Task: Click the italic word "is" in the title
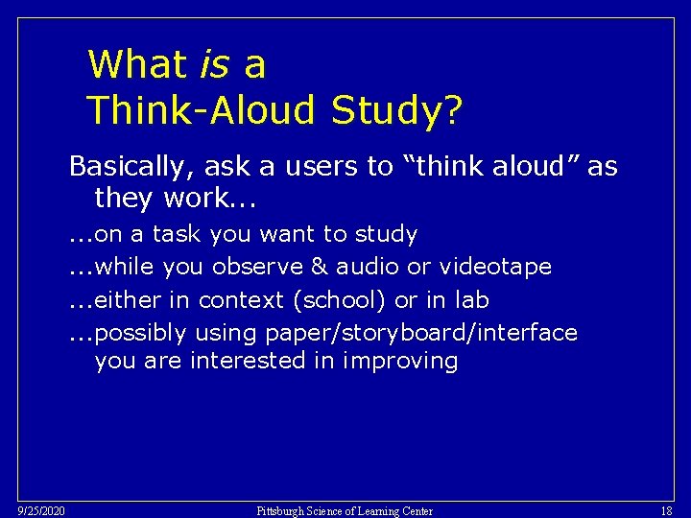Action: pyautogui.click(x=216, y=65)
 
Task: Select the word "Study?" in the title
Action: pyautogui.click(x=396, y=110)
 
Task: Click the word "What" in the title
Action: pyautogui.click(x=137, y=65)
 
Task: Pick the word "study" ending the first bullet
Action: pyautogui.click(x=386, y=234)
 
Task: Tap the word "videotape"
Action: pyautogui.click(x=495, y=266)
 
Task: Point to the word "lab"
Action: pyautogui.click(x=471, y=300)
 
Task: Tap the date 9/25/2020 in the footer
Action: pyautogui.click(x=40, y=511)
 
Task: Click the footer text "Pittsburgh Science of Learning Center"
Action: pyautogui.click(x=345, y=511)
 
